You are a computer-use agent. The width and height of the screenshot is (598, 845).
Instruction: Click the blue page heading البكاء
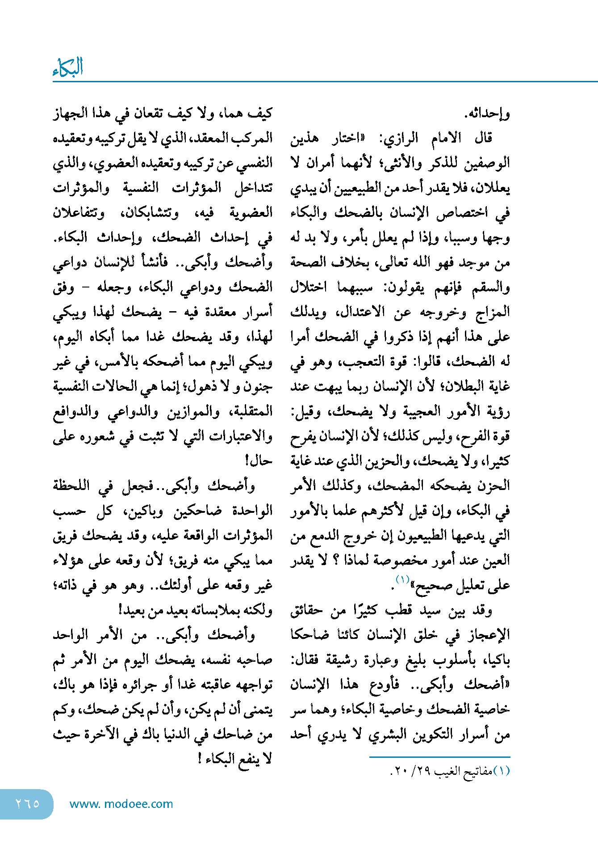[x=68, y=68]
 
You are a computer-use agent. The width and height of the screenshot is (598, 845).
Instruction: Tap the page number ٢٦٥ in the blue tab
[x=28, y=803]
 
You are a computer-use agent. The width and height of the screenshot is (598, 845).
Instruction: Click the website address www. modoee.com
[x=121, y=804]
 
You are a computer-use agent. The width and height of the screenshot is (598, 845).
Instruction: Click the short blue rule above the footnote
[x=439, y=757]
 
